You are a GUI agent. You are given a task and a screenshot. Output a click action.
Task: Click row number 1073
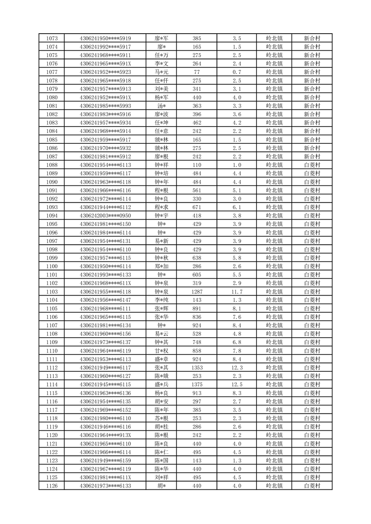(52, 38)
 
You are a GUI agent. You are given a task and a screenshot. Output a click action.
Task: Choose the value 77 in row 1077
(197, 72)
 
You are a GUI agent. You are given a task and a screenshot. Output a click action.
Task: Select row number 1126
(52, 486)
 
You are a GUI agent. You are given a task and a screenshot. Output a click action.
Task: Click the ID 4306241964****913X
(106, 435)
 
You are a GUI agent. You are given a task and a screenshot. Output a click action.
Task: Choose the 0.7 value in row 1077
(236, 72)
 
